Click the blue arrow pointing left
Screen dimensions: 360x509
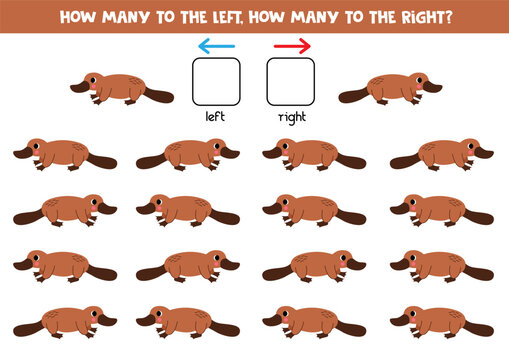[x=216, y=45]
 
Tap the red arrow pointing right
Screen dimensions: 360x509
[x=292, y=45]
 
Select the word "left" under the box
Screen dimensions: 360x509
[x=216, y=115]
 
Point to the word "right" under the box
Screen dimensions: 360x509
[x=291, y=116]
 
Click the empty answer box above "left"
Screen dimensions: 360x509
[x=216, y=82]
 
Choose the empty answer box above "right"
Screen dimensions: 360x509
[x=291, y=82]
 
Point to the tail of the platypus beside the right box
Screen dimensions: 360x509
[x=352, y=96]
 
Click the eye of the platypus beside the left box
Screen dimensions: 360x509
[x=96, y=80]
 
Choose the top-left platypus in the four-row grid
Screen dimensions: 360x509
[x=65, y=154]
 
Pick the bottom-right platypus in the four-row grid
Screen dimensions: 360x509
[x=441, y=320]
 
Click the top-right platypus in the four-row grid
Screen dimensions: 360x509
[x=441, y=154]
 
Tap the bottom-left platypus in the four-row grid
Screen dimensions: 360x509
[x=65, y=320]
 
